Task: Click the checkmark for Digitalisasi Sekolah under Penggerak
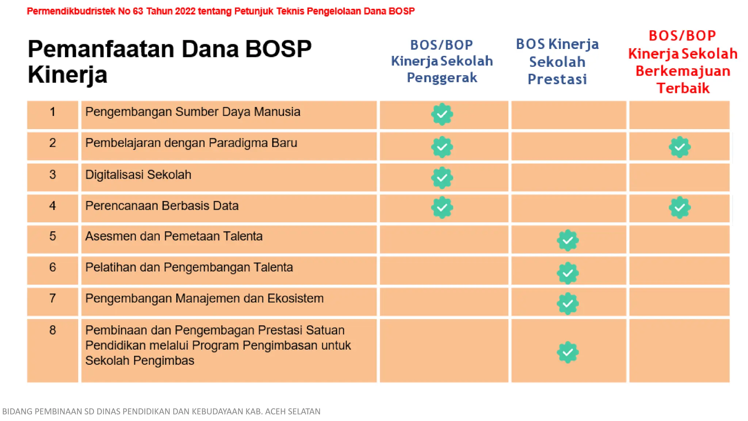click(442, 178)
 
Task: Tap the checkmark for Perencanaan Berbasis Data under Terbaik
click(679, 208)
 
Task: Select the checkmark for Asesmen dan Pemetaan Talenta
click(568, 240)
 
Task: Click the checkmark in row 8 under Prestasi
click(568, 352)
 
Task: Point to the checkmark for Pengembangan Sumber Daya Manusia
click(442, 114)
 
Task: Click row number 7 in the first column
click(53, 299)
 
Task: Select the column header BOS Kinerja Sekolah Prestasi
click(557, 61)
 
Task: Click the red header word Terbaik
click(683, 88)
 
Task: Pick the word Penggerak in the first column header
click(442, 78)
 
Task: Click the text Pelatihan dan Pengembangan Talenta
click(189, 268)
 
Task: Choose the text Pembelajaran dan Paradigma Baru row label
click(191, 143)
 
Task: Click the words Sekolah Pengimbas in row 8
click(140, 361)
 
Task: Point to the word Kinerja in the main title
click(68, 75)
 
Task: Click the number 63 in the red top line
click(138, 11)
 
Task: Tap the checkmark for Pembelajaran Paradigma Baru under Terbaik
click(679, 147)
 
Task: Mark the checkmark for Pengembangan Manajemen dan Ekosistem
click(568, 303)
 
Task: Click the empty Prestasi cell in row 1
click(568, 115)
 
